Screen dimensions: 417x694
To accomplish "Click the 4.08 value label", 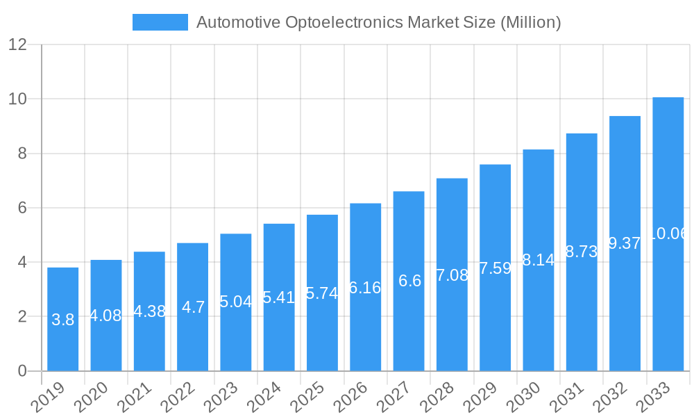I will [x=106, y=316].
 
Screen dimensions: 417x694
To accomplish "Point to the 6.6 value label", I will [x=409, y=281].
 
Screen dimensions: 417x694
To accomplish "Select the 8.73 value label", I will [x=582, y=252].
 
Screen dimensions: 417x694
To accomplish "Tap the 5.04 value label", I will [x=236, y=302].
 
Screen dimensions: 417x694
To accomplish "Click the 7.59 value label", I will [x=495, y=268].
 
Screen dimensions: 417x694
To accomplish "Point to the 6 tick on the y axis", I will [x=22, y=208].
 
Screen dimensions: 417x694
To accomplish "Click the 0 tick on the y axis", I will [x=22, y=371].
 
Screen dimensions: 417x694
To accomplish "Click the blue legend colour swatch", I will [x=160, y=22].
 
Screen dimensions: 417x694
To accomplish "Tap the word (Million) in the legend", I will [x=530, y=22].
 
